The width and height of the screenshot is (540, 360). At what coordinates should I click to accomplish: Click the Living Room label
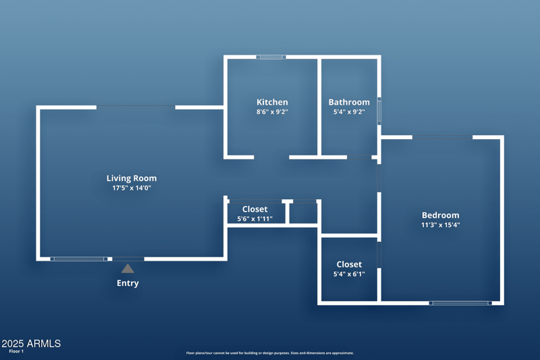point(132,178)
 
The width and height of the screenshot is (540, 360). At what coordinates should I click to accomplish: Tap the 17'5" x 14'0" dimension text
point(132,188)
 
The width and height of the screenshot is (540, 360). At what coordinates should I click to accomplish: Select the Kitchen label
point(272,102)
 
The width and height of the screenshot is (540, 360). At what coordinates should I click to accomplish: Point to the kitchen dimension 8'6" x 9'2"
point(272,111)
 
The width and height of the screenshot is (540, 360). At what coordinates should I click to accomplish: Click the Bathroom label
point(349,102)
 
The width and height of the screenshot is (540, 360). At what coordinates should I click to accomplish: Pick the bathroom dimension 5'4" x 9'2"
point(349,111)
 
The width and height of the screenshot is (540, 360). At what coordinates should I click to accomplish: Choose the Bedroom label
point(441,215)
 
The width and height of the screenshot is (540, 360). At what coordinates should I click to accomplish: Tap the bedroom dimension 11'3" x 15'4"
point(441,225)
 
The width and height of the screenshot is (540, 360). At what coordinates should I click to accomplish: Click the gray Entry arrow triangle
point(128,268)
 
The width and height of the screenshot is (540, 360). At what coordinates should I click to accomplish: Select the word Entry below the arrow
point(128,283)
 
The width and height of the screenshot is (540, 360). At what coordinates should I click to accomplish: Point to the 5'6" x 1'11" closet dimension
point(255,219)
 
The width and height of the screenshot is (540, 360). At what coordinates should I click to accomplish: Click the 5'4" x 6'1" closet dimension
point(349,274)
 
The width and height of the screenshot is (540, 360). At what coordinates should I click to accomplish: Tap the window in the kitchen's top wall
point(271,57)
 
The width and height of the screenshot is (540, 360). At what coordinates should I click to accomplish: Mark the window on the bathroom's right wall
point(379,111)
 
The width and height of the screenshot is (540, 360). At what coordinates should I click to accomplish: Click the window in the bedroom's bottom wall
point(460,303)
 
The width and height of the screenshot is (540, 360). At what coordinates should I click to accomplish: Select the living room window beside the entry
point(79,259)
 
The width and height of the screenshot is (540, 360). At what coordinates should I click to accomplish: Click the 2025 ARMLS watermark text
point(31,344)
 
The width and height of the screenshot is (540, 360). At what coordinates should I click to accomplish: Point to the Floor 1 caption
point(16,351)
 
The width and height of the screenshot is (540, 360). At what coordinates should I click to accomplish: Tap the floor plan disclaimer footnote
point(270,353)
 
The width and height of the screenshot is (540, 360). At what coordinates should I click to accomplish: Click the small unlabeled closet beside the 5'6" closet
point(303,213)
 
